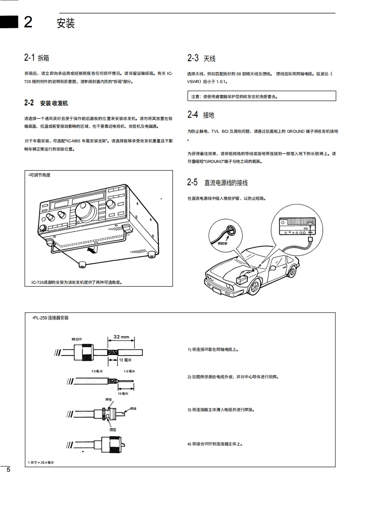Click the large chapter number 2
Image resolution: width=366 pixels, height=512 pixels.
(28, 22)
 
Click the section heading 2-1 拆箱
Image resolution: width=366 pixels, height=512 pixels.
(37, 58)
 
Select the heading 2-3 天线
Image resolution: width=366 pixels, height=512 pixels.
(201, 58)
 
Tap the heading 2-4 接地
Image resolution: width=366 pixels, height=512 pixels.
(200, 115)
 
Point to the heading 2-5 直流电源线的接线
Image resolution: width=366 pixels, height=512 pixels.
(217, 183)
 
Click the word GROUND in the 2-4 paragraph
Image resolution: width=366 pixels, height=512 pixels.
(296, 131)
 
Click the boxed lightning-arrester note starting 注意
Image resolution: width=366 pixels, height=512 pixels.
(261, 96)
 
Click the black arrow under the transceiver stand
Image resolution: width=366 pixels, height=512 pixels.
(91, 250)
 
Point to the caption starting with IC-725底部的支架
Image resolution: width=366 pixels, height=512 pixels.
(77, 282)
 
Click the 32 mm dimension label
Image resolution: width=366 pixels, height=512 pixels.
(121, 337)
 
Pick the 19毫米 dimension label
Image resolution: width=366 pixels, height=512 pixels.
(123, 393)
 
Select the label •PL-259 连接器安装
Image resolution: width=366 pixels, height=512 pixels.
(51, 318)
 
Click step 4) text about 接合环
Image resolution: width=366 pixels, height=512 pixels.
(215, 444)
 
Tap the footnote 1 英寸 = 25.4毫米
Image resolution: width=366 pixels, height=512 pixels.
(41, 462)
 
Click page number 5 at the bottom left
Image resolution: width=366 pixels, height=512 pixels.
(8, 471)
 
